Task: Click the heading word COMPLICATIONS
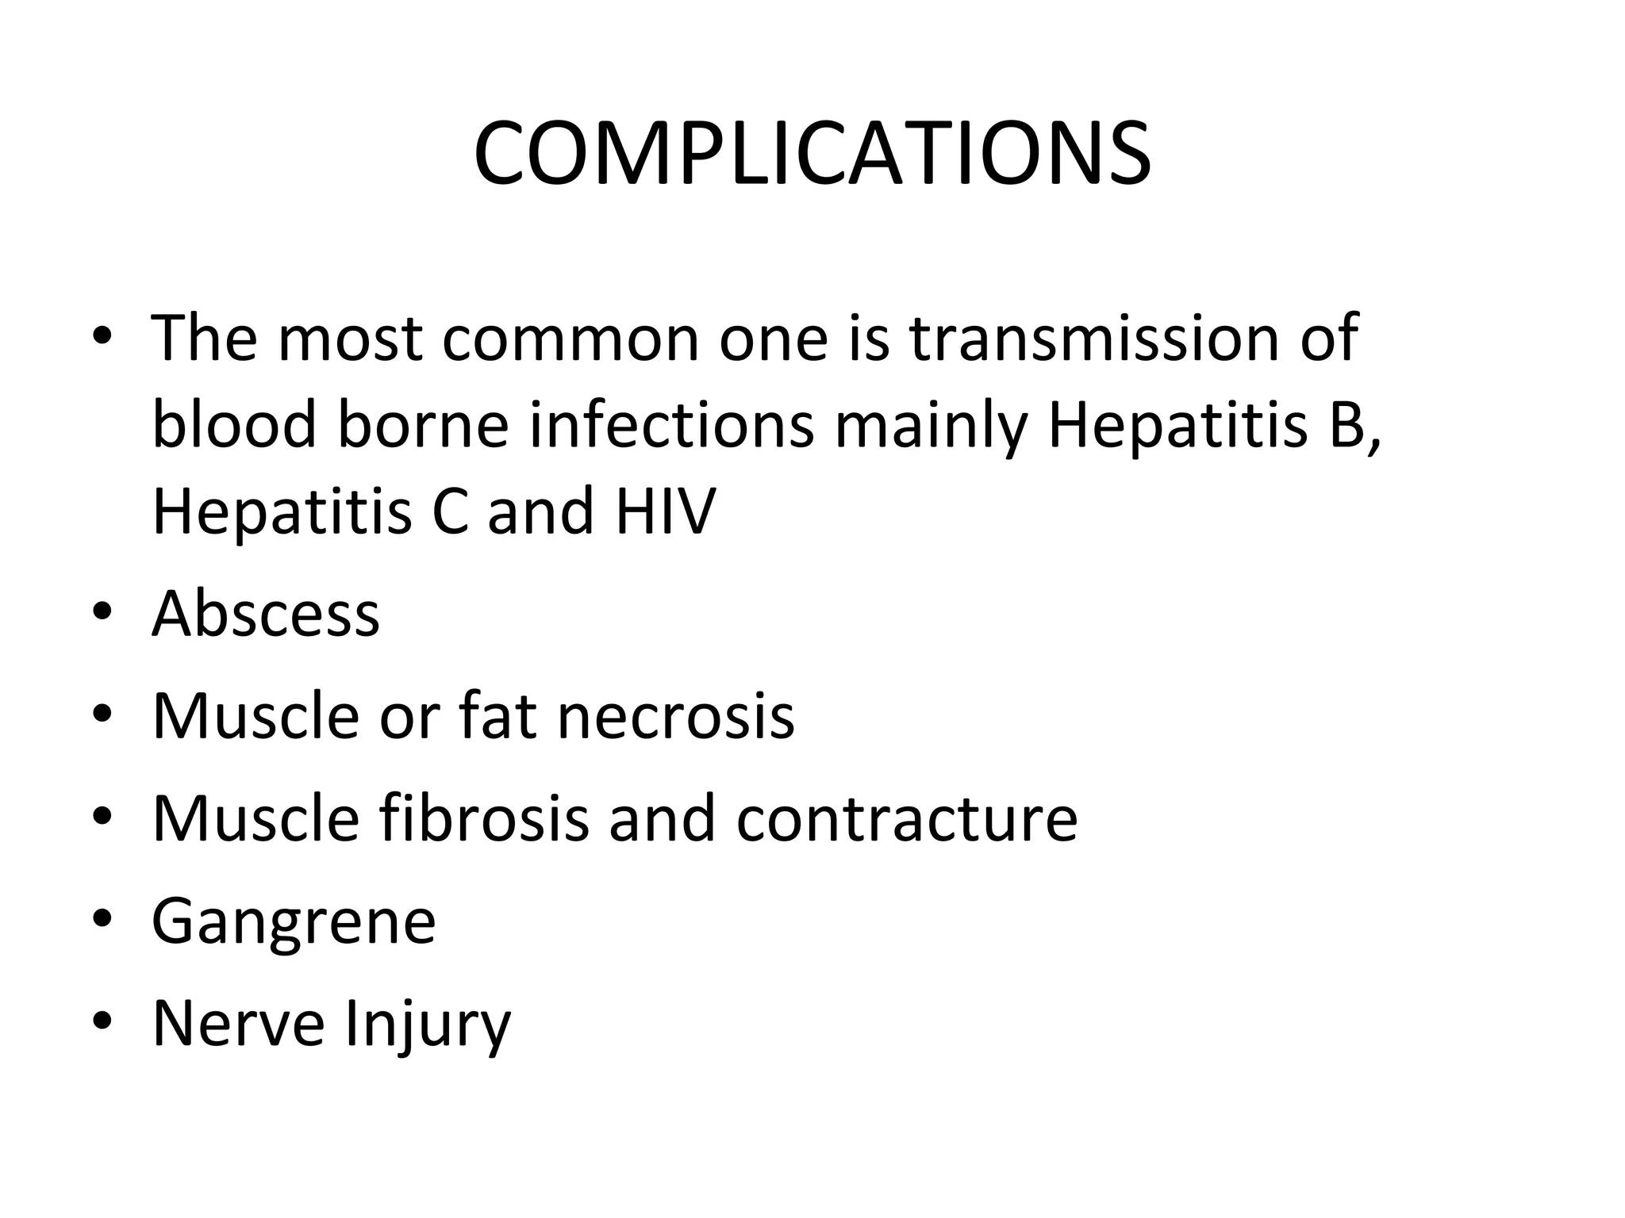pos(812,154)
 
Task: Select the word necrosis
pos(675,715)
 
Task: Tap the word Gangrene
pos(294,921)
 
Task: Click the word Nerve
pos(238,1023)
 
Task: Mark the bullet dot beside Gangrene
pos(102,919)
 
